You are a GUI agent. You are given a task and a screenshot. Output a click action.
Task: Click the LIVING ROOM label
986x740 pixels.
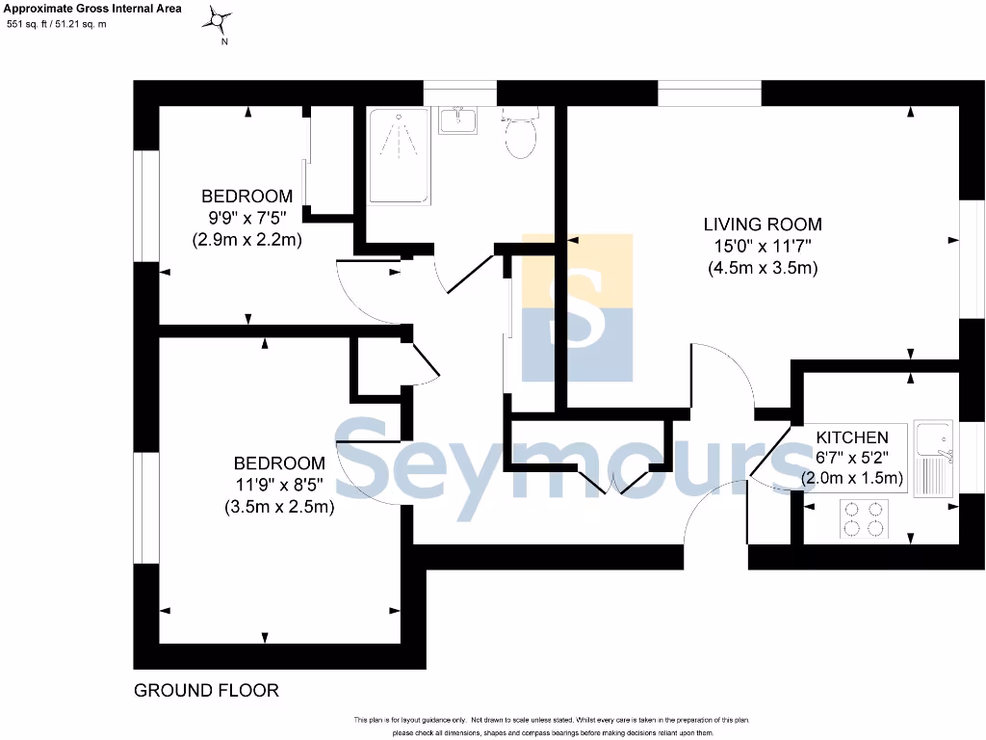(x=763, y=225)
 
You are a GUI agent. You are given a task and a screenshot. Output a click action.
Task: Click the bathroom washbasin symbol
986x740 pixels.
(x=459, y=120)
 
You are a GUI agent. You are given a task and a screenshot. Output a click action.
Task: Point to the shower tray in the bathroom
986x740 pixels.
(x=397, y=155)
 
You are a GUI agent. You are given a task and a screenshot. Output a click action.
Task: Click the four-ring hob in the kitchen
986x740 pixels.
(x=864, y=518)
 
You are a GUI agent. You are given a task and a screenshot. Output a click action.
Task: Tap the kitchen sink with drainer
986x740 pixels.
(x=932, y=458)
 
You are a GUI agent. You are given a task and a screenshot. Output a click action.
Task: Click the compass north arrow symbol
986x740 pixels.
(x=221, y=20)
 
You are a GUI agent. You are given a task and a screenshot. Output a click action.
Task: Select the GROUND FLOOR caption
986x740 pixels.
(x=206, y=690)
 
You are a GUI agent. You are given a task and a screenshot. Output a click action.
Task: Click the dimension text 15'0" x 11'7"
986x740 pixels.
(x=763, y=247)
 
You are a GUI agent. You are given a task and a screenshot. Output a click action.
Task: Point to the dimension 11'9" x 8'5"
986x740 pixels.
(x=279, y=485)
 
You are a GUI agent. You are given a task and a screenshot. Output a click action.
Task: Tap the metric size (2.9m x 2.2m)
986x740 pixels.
(x=247, y=239)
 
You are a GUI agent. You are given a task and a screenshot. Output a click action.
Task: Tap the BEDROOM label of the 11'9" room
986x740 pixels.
(x=279, y=463)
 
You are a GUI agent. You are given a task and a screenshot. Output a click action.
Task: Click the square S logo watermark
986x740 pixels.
(x=578, y=307)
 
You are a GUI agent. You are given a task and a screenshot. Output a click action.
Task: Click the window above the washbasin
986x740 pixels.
(x=459, y=92)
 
